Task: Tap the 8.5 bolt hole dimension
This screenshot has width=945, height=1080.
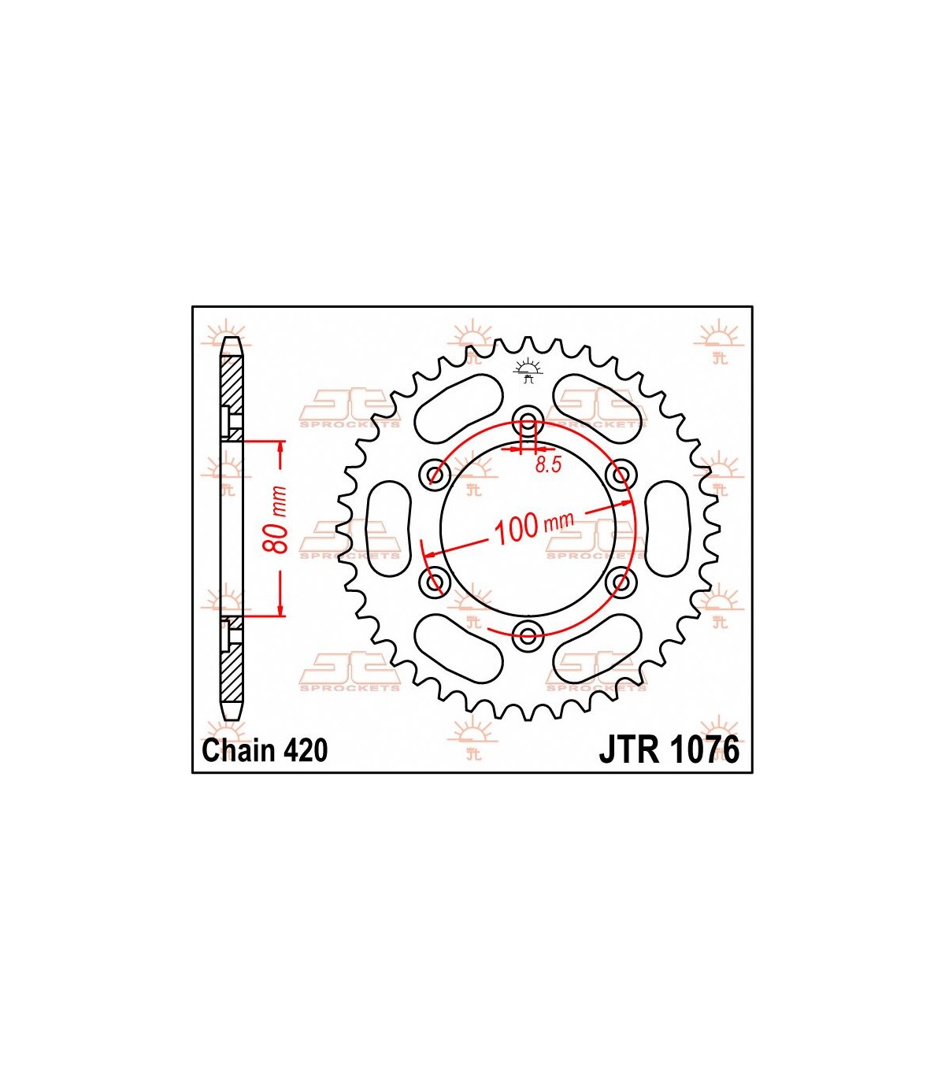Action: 548,464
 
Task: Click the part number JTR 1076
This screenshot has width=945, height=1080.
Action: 669,749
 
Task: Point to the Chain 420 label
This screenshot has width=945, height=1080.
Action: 265,750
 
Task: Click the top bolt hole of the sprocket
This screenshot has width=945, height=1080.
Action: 528,419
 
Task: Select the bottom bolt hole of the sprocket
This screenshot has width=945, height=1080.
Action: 528,635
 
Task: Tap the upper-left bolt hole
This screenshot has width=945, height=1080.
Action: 434,473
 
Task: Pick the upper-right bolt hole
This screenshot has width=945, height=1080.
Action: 622,473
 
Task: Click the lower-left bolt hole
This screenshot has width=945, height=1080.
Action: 434,582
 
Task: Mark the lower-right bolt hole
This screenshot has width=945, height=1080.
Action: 622,582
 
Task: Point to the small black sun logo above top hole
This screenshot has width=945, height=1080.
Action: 528,370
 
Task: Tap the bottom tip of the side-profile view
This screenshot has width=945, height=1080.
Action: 232,715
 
